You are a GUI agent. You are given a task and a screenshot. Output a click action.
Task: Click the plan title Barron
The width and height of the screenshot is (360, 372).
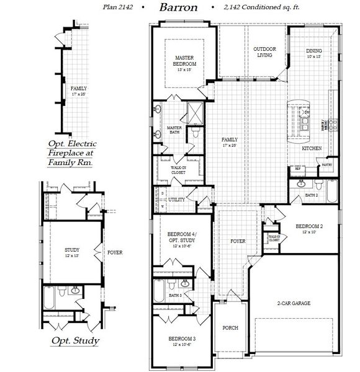point(178,8)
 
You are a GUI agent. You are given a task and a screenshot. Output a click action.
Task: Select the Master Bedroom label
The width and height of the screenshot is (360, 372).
point(184,61)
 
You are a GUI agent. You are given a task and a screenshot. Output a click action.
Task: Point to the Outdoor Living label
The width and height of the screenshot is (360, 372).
point(265,52)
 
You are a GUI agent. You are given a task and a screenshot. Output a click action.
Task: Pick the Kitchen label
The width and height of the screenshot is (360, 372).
point(312,149)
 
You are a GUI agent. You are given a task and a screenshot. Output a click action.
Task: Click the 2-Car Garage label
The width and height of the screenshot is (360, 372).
point(294,303)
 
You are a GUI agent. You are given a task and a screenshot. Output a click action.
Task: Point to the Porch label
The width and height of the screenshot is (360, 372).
point(230,327)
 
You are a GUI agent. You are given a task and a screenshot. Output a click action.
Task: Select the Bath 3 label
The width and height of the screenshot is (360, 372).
point(176,296)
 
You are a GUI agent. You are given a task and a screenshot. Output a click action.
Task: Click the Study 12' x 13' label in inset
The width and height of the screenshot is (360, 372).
point(72,252)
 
